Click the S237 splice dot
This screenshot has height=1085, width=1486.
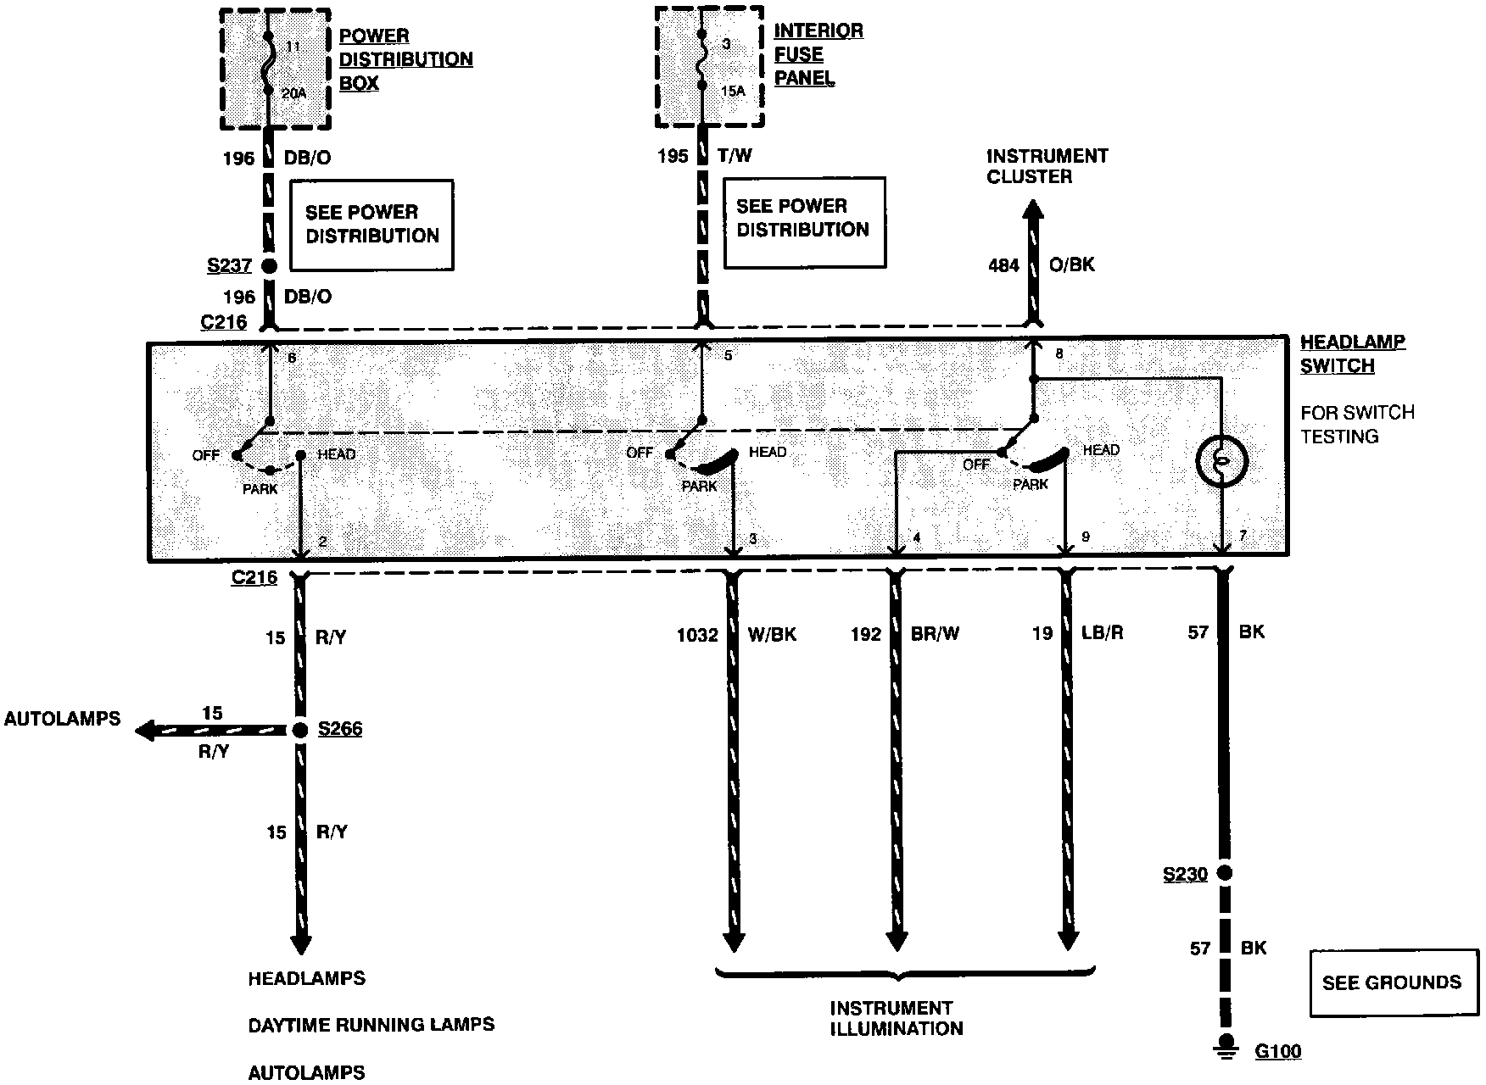click(x=269, y=266)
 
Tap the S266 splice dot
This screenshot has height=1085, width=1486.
click(x=299, y=730)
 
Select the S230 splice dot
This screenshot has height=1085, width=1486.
click(x=1223, y=873)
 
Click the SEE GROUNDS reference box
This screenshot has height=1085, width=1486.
click(x=1393, y=982)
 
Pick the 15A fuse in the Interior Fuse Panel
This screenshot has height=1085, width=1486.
click(x=701, y=62)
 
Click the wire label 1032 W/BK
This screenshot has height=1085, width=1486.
click(x=735, y=635)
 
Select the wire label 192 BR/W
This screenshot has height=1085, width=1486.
click(x=904, y=634)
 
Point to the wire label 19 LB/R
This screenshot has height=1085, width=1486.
click(x=1077, y=633)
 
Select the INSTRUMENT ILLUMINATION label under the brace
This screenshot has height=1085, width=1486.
click(x=896, y=1018)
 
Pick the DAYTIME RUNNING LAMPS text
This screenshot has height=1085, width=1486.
click(x=371, y=1025)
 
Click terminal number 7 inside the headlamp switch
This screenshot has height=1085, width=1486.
click(x=1243, y=536)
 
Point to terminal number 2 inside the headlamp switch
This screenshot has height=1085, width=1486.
click(x=322, y=542)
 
